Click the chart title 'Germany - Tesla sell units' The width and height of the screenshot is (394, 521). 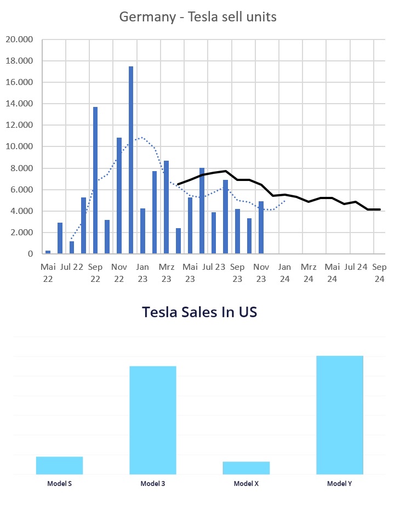tap(198, 17)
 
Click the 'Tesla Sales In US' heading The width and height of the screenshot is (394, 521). tap(199, 312)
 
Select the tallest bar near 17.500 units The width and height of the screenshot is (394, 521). tap(131, 160)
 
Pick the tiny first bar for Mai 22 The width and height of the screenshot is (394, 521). tap(48, 252)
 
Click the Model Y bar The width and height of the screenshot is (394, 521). tap(340, 415)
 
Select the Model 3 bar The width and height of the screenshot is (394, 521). tap(153, 420)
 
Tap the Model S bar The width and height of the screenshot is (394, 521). tap(59, 465)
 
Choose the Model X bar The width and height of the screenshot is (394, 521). tap(246, 467)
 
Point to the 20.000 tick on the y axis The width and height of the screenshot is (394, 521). tap(20, 39)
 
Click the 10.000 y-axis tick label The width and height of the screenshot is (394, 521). tap(20, 146)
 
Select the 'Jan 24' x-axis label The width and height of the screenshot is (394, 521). tap(284, 273)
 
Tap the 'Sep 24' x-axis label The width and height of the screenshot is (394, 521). tap(379, 273)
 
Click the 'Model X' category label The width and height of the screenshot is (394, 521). tap(246, 484)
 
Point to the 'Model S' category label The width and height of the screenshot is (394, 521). tap(59, 484)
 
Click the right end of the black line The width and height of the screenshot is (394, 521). tap(380, 209)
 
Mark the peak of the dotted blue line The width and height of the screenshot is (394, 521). tap(142, 137)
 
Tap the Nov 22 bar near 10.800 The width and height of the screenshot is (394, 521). tap(119, 195)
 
